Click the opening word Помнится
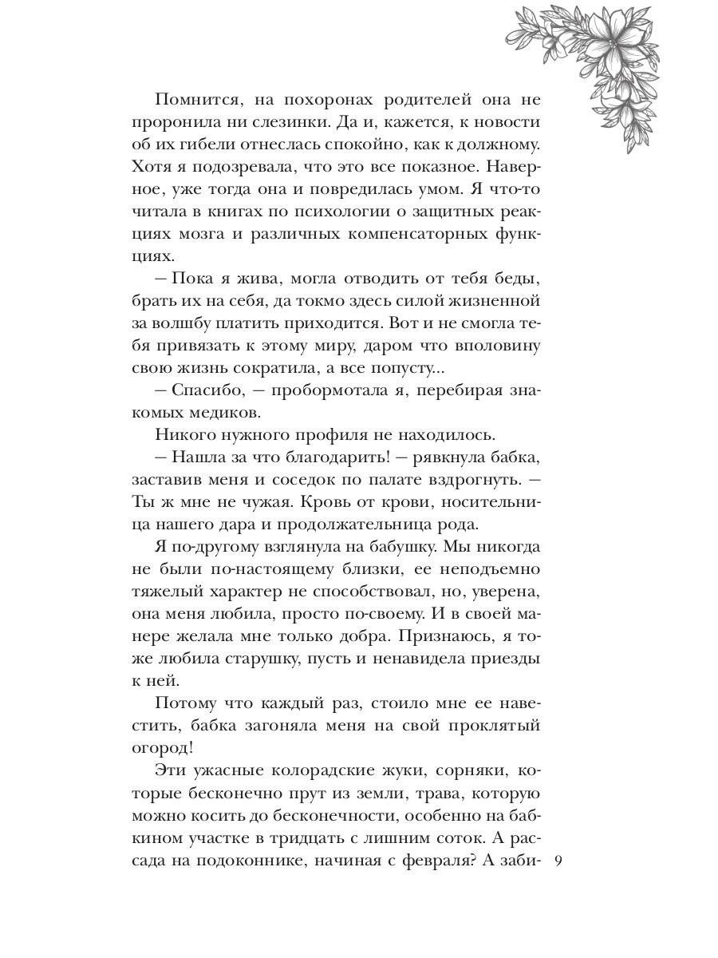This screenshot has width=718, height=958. (194, 101)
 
